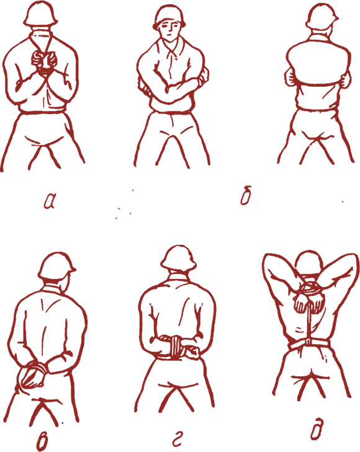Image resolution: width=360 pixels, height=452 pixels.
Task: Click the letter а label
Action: pyautogui.click(x=50, y=201)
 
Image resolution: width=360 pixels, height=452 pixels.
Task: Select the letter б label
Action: pyautogui.click(x=246, y=195)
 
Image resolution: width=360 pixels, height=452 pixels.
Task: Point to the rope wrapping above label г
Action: pyautogui.click(x=175, y=345)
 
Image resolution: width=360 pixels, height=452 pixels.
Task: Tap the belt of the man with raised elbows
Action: pyautogui.click(x=309, y=344)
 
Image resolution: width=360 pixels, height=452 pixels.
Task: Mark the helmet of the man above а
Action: pyautogui.click(x=40, y=14)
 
